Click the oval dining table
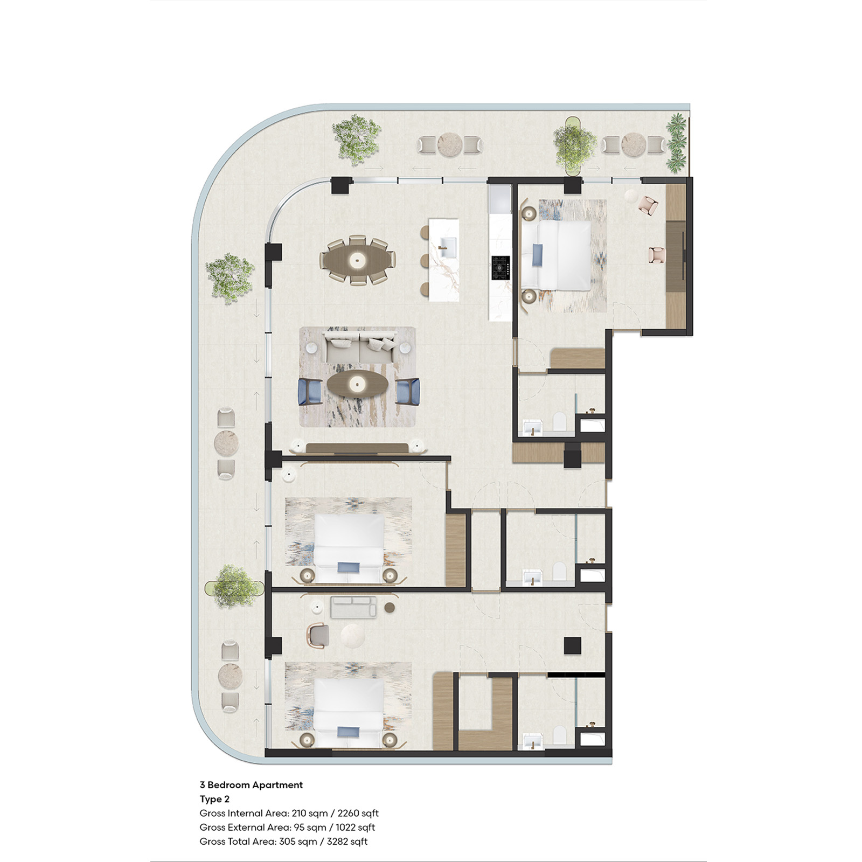(x=357, y=260)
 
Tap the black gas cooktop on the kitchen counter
(x=500, y=268)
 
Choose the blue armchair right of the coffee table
(x=407, y=391)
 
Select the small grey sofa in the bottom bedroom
(x=353, y=607)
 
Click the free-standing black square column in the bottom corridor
(x=572, y=645)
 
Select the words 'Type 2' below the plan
(x=214, y=799)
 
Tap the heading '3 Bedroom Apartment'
(x=251, y=785)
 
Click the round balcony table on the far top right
(x=634, y=144)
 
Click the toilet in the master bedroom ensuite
(x=559, y=421)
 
